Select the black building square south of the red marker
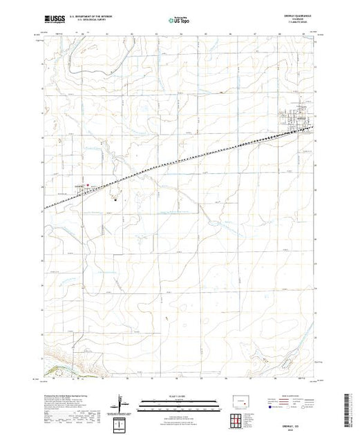(x=115, y=200)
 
